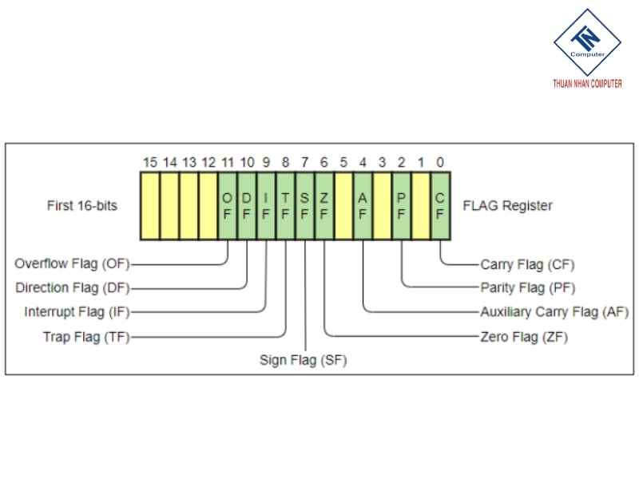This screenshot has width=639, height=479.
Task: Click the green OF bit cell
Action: (x=228, y=206)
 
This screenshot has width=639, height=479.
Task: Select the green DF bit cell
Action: (x=247, y=206)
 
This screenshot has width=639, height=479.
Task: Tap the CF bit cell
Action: (x=441, y=206)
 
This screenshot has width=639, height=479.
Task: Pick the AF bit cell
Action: (x=363, y=206)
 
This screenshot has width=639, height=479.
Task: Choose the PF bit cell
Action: (x=402, y=206)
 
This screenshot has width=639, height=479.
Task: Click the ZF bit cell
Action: (x=324, y=206)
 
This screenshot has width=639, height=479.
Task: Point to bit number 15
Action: (x=150, y=163)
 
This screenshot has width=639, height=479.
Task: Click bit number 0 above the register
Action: (x=441, y=163)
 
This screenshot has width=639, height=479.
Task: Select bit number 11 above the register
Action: (x=228, y=163)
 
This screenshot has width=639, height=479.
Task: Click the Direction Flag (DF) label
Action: (x=72, y=287)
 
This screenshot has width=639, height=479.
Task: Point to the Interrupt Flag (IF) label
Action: (x=77, y=312)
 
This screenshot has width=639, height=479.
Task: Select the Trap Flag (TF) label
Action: (x=85, y=337)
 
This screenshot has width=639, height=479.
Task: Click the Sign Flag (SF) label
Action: (x=304, y=360)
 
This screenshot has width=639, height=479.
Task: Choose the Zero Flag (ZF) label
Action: (x=523, y=337)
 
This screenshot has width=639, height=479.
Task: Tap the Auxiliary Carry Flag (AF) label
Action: (x=554, y=312)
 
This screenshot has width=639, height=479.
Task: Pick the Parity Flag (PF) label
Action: (x=527, y=287)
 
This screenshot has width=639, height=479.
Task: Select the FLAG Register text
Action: (x=507, y=206)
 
